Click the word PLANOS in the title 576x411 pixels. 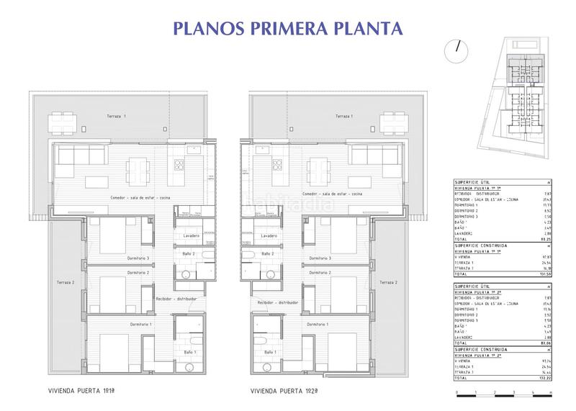(207, 28)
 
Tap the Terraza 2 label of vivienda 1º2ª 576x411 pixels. (390, 283)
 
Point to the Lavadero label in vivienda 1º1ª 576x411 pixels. (191, 235)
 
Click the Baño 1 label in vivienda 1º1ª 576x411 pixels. (189, 351)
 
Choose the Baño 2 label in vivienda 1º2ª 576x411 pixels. (267, 254)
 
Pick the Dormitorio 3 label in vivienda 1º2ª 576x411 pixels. (320, 258)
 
